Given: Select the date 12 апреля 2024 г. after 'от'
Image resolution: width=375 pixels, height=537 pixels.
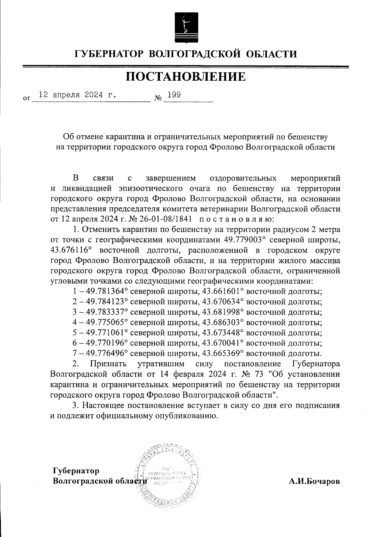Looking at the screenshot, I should click(76, 95).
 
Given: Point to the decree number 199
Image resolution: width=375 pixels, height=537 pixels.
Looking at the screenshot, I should click(172, 95).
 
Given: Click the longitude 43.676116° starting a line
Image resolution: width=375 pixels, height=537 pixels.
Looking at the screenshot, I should click(70, 250).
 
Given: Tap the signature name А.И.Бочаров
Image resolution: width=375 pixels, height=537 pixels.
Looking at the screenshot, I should click(314, 481).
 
